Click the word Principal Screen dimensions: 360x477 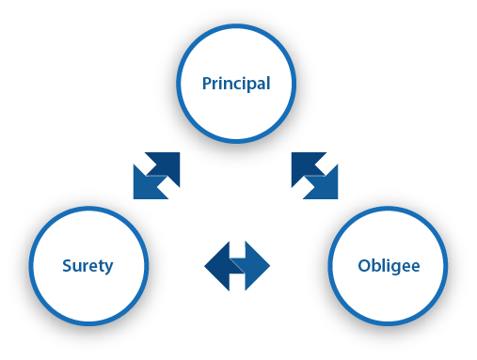(x=236, y=84)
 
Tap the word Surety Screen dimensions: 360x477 (x=87, y=265)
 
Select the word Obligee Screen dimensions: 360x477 (x=389, y=265)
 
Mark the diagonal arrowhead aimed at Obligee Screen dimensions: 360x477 (x=328, y=189)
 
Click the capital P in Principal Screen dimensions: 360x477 (x=207, y=84)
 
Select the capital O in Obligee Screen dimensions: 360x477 (x=363, y=265)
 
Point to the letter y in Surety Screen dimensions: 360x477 (x=108, y=267)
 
